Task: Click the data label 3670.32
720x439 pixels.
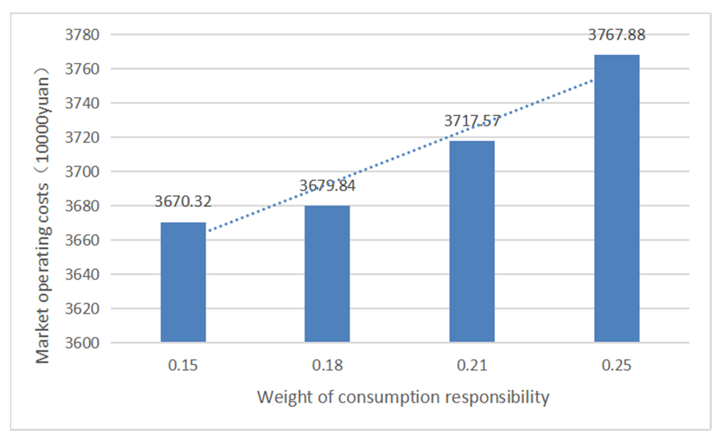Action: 183,201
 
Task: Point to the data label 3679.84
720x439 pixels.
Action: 327,185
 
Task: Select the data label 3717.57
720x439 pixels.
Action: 472,121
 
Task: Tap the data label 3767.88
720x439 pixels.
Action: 616,35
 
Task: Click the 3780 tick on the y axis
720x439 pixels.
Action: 82,35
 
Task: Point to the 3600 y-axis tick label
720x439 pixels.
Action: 82,343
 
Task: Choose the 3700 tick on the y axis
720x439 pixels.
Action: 82,172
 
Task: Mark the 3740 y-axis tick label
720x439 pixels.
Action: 82,103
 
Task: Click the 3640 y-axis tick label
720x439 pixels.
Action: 82,275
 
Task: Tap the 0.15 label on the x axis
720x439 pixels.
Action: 183,365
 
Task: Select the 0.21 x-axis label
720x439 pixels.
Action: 472,365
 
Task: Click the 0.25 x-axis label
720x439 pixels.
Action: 616,365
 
